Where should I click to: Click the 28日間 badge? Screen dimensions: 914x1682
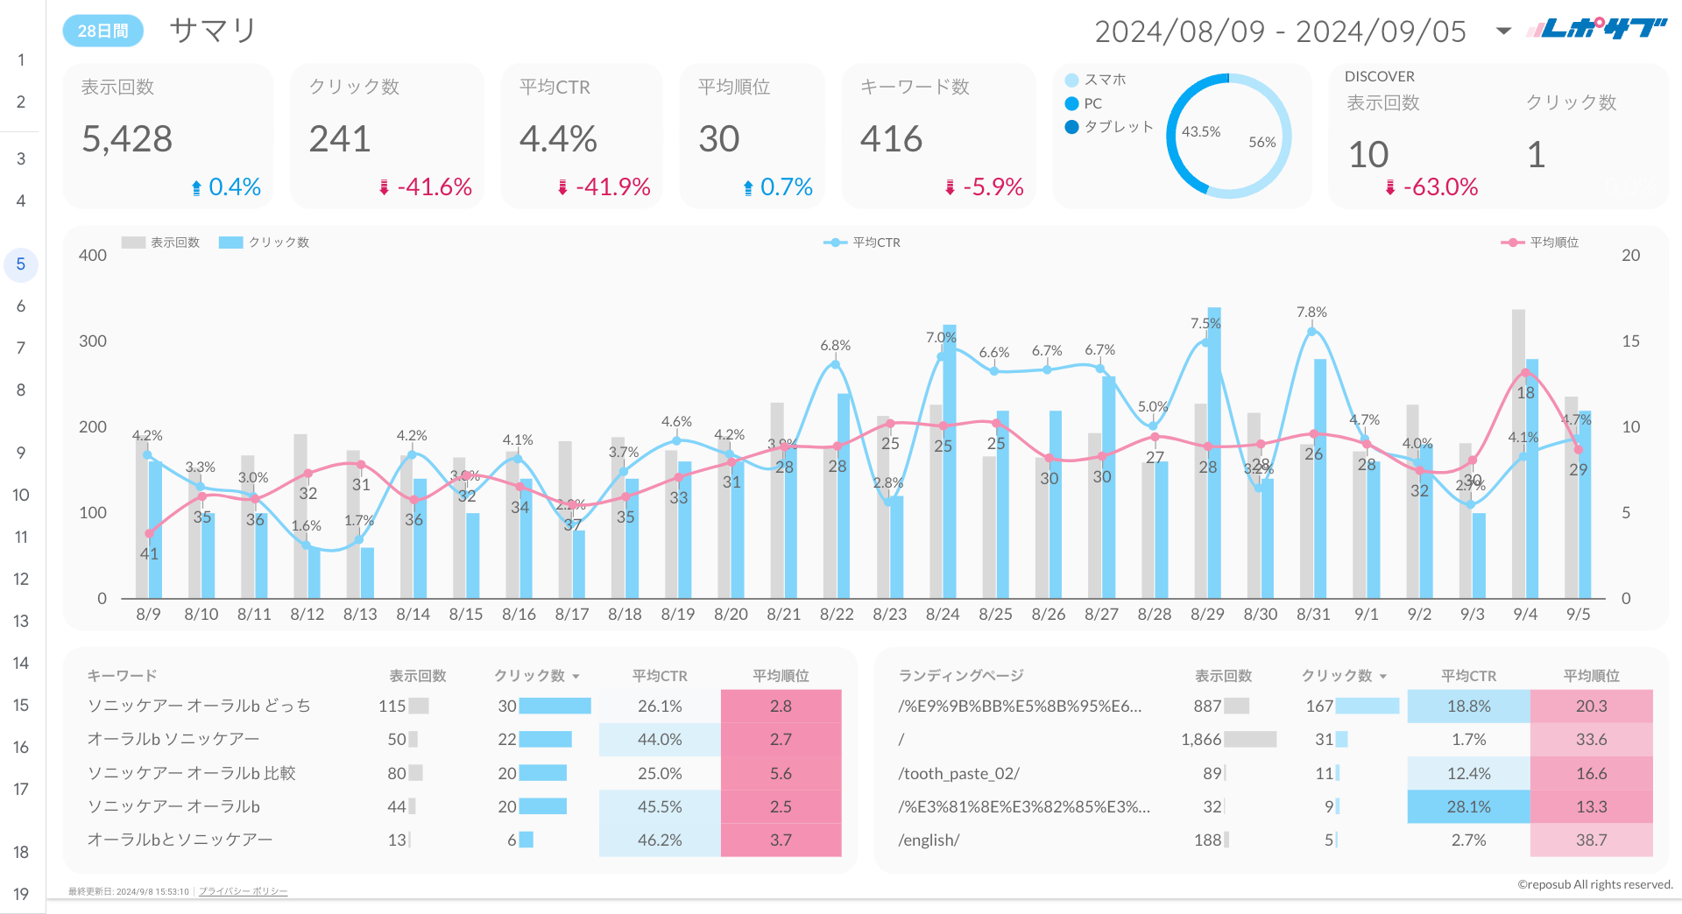(102, 32)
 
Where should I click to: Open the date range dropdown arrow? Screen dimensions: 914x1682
(1503, 32)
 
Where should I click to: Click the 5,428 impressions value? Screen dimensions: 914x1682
(127, 139)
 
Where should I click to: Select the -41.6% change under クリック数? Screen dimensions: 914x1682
(434, 187)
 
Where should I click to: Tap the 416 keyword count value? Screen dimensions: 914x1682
(891, 139)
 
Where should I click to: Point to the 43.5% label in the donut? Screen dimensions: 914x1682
(1200, 132)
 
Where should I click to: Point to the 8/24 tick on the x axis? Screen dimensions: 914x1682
(943, 615)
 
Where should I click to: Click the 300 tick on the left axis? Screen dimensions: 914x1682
(93, 341)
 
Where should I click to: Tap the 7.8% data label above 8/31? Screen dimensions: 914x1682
(1311, 313)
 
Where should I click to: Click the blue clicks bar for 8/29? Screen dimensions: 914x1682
(1214, 452)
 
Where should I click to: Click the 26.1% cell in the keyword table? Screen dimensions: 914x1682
(660, 707)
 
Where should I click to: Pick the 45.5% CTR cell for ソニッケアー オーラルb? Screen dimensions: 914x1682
(660, 807)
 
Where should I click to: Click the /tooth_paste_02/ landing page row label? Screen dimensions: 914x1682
(958, 774)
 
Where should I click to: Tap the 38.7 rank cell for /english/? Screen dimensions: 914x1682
(1591, 840)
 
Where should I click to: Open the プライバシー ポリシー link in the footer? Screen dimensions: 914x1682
(243, 891)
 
